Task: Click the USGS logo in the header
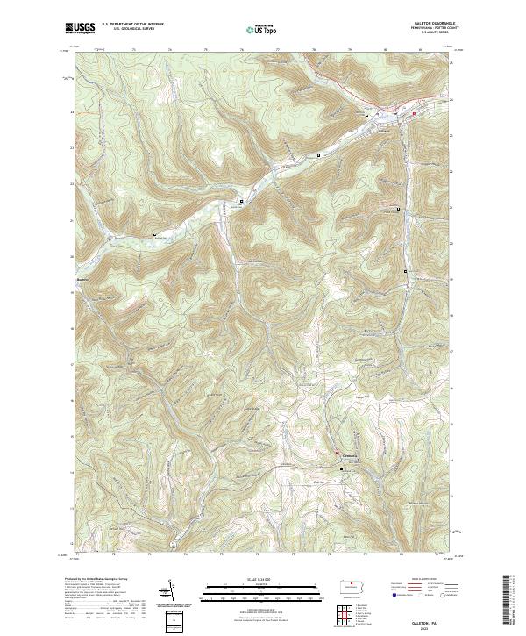pyautogui.click(x=80, y=28)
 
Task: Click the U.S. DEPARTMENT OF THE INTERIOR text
pyautogui.click(x=133, y=25)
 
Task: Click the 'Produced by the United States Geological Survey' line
pyautogui.click(x=96, y=579)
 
